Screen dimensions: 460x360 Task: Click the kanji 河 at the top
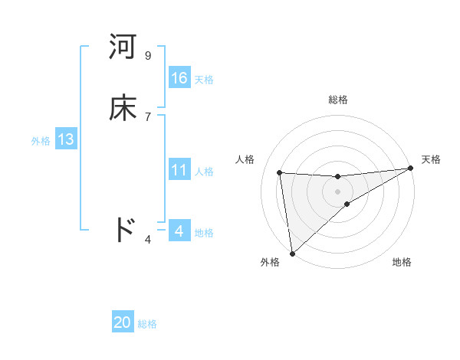click(x=123, y=47)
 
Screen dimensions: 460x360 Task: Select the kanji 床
click(x=123, y=108)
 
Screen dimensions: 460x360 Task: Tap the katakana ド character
click(x=123, y=230)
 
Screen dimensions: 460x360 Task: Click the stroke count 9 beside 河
click(x=148, y=55)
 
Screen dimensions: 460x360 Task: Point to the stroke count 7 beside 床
click(x=148, y=116)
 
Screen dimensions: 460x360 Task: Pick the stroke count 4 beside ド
click(x=148, y=240)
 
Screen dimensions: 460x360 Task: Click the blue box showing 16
click(x=179, y=78)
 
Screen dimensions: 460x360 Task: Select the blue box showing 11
click(x=179, y=170)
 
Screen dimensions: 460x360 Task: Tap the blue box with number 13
click(x=65, y=139)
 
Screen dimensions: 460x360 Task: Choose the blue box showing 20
click(x=123, y=322)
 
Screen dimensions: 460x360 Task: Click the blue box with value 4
click(x=179, y=231)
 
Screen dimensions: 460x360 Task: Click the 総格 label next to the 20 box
click(x=147, y=324)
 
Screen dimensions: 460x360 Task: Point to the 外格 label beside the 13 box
click(x=41, y=141)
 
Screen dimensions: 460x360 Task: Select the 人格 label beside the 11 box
click(x=205, y=172)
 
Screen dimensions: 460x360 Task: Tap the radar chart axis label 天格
click(x=431, y=159)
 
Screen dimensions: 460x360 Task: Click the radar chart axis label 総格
click(x=338, y=100)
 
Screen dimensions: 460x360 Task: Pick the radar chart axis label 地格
click(x=402, y=262)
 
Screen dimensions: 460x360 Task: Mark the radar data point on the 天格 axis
click(x=410, y=169)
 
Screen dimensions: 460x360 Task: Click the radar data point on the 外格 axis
click(x=291, y=253)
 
